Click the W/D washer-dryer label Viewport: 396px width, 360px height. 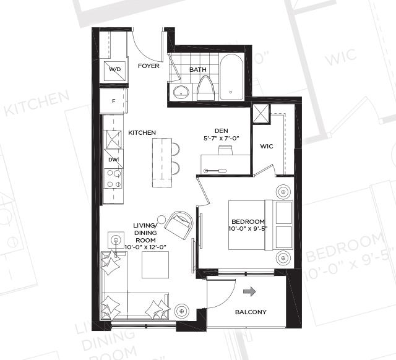[x=115, y=69]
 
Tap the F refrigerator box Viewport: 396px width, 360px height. [x=114, y=100]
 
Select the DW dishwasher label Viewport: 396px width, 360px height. [x=113, y=160]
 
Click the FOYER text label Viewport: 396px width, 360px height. [x=148, y=66]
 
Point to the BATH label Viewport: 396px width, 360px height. [x=197, y=70]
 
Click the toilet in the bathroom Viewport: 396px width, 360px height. [x=206, y=89]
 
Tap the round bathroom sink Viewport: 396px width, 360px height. [x=181, y=93]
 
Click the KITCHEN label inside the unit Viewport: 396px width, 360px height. [x=142, y=132]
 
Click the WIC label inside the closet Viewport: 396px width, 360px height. [x=267, y=147]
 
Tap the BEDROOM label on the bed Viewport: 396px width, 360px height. [x=248, y=222]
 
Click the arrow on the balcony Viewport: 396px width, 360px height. [x=250, y=291]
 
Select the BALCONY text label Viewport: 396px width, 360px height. [x=251, y=312]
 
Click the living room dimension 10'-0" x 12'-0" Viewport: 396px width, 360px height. [x=147, y=247]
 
